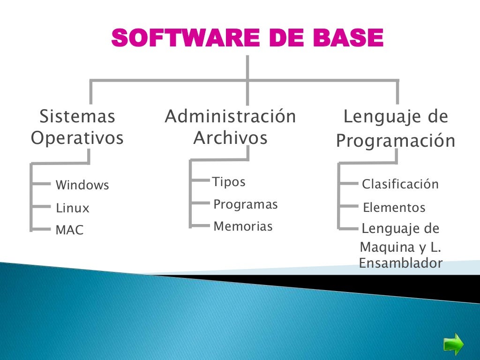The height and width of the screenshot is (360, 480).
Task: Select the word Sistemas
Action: [x=77, y=116]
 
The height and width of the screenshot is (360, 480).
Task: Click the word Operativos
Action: [x=77, y=138]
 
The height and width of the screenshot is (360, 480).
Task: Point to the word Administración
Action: [x=230, y=116]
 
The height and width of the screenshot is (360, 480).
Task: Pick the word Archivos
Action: [x=230, y=138]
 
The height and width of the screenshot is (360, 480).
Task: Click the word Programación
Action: [x=396, y=141]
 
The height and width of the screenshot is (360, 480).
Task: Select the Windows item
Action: [x=82, y=185]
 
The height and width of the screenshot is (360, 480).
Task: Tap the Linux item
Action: [x=72, y=208]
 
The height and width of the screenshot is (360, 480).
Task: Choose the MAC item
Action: [x=69, y=230]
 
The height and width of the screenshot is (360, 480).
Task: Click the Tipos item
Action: [x=229, y=182]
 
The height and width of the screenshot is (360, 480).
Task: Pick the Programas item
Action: [x=245, y=205]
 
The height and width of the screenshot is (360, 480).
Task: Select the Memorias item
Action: [x=242, y=227]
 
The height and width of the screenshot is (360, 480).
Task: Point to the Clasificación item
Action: [x=400, y=184]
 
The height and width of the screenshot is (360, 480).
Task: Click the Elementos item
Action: [x=394, y=207]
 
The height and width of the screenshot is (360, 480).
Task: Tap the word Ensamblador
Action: [x=400, y=263]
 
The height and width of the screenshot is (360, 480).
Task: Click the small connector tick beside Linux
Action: [x=41, y=206]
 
